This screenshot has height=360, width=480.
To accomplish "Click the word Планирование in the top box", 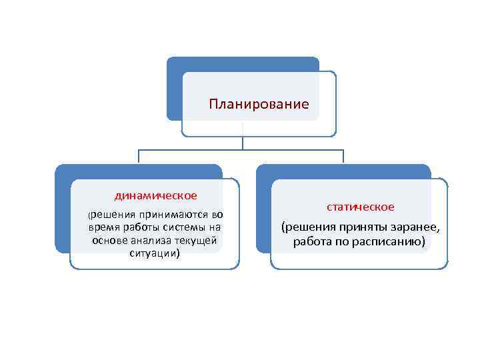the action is coord(259,104).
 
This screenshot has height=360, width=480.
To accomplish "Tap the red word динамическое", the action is coord(155,195).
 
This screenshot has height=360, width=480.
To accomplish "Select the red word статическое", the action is coord(360,207).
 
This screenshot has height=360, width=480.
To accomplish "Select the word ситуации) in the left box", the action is coord(155,253).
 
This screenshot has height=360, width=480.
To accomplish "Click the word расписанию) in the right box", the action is coord(392,242).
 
